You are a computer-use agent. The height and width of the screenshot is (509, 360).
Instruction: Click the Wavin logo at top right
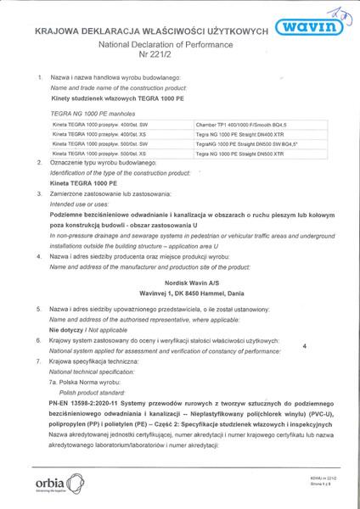(x=313, y=26)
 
